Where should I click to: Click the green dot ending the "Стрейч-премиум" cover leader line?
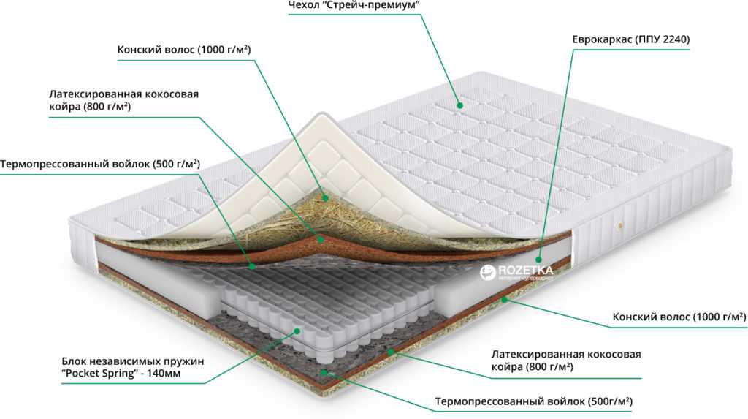click(x=460, y=105)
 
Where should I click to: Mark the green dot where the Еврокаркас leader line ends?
click(x=538, y=260)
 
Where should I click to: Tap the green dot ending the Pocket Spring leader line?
click(x=297, y=331)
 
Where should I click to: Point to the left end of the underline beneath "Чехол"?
click(x=288, y=15)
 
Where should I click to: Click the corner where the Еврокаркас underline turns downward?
click(x=573, y=49)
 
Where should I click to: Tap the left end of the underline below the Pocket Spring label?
click(x=61, y=383)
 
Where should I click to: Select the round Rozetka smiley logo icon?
click(x=487, y=272)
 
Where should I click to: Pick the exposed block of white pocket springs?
click(x=324, y=301)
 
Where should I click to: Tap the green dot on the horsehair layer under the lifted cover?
click(x=325, y=197)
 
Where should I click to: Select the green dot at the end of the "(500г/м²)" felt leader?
click(x=324, y=371)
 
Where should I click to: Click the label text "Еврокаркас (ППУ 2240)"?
click(x=630, y=39)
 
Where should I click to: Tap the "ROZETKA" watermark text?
click(x=525, y=270)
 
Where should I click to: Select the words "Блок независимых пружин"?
click(x=133, y=361)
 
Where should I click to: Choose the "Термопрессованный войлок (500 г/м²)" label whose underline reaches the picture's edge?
click(x=100, y=165)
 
